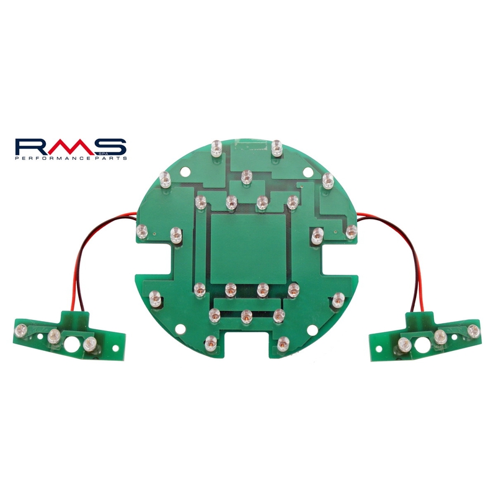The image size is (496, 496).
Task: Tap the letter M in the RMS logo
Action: click(x=68, y=147)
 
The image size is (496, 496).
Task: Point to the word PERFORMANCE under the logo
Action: click(x=58, y=159)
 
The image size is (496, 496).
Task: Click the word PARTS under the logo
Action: click(x=112, y=159)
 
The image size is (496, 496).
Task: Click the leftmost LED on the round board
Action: click(x=141, y=231)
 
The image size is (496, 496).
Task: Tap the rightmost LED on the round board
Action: click(x=351, y=231)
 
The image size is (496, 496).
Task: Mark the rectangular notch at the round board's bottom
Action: click(x=247, y=345)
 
